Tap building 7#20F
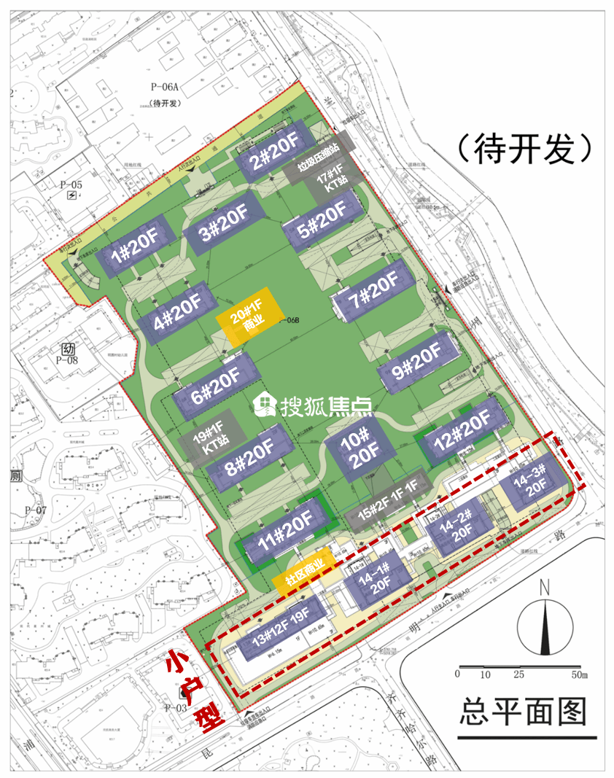373,293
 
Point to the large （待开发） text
524,149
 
